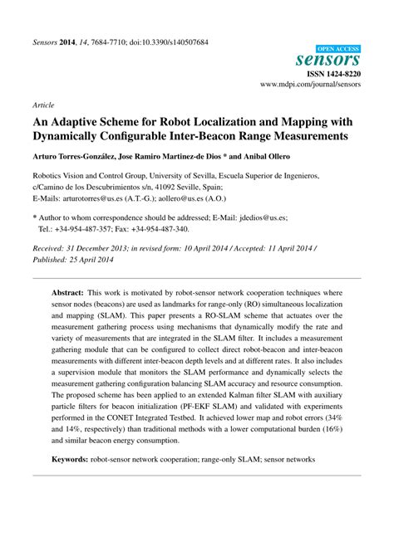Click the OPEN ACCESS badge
click(338, 49)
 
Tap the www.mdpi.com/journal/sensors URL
click(310, 85)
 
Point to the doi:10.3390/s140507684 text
click(166, 42)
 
